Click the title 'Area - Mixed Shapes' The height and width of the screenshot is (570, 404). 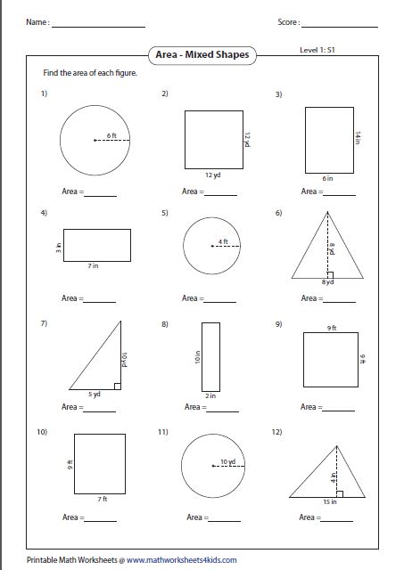202,55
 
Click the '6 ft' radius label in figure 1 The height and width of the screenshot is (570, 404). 111,134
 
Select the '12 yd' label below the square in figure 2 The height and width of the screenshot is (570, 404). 211,176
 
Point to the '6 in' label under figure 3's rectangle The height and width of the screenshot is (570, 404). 328,178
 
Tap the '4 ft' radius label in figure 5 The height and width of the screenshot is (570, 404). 225,241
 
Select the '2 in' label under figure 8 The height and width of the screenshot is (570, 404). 210,395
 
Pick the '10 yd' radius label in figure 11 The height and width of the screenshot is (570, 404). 227,461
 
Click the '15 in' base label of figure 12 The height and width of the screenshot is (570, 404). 330,501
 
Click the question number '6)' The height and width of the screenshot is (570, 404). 279,214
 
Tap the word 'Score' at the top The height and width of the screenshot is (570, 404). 288,21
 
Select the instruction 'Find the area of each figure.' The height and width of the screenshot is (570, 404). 90,73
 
